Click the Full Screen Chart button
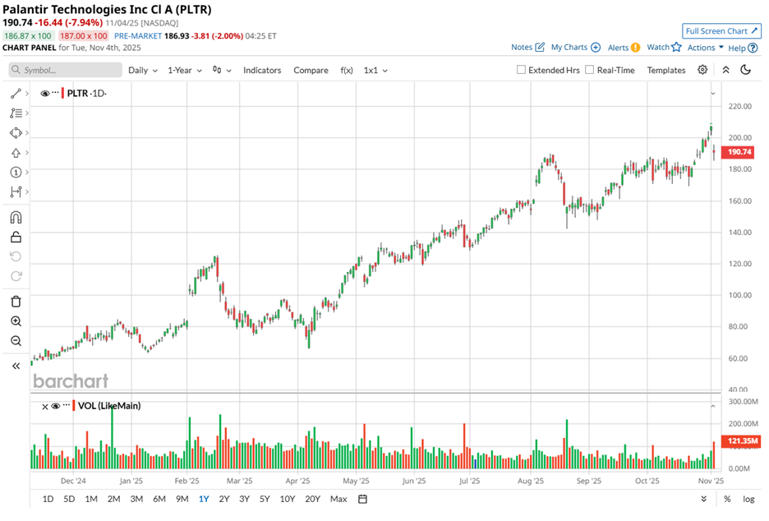pyautogui.click(x=721, y=31)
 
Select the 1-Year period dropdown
pyautogui.click(x=185, y=71)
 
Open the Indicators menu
pyautogui.click(x=262, y=71)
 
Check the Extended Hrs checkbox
pyautogui.click(x=521, y=71)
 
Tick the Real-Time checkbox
pyautogui.click(x=590, y=71)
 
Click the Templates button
pyautogui.click(x=665, y=71)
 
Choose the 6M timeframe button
pyautogui.click(x=159, y=499)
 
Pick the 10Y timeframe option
pyautogui.click(x=288, y=499)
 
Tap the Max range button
pyautogui.click(x=338, y=499)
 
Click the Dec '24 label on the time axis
pyautogui.click(x=74, y=482)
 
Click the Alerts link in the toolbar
pyautogui.click(x=623, y=48)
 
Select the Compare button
pyautogui.click(x=311, y=71)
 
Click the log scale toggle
pyautogui.click(x=748, y=499)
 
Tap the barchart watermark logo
pyautogui.click(x=71, y=381)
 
